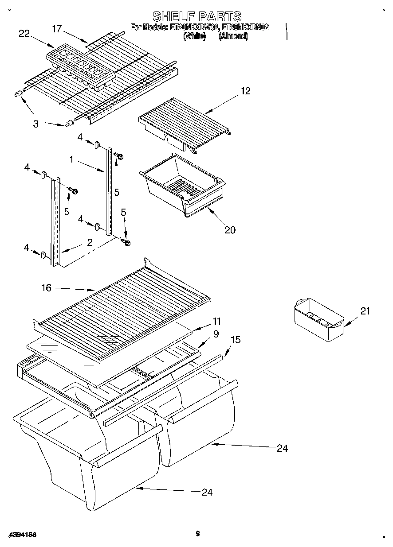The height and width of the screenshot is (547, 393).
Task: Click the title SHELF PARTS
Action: pos(196,16)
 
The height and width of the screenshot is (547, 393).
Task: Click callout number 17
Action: pos(57,30)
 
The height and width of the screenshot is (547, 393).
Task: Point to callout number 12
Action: pos(246,91)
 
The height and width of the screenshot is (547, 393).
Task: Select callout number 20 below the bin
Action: pos(230,229)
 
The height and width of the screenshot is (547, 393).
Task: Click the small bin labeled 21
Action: pos(318,319)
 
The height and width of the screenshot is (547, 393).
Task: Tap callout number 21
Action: pos(365,311)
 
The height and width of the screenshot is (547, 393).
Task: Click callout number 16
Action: pos(46,288)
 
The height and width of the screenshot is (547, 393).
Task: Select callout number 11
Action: pos(216,321)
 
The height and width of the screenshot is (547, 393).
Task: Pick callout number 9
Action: pos(216,335)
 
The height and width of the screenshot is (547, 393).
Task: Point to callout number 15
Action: pos(236,340)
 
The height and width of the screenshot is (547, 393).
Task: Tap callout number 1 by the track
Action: pos(71,159)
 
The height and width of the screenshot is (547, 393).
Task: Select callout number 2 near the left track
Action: pos(90,242)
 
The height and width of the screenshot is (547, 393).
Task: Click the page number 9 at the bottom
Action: pos(197,534)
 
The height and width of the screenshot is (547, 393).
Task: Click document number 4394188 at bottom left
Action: pos(22,535)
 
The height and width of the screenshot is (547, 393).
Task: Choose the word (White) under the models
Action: pos(194,36)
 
